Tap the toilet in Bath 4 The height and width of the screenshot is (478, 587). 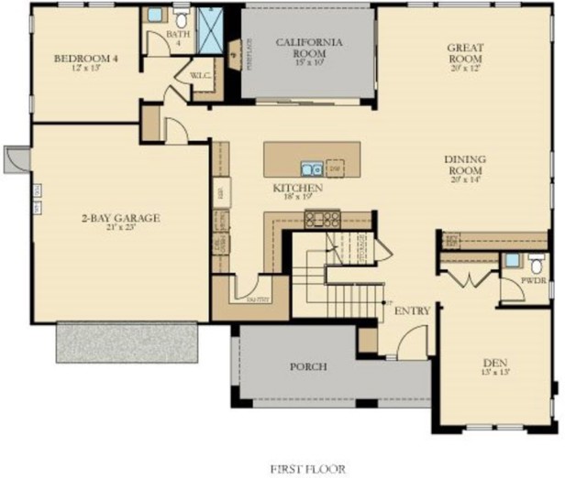click(181, 16)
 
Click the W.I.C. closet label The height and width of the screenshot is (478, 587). click(201, 75)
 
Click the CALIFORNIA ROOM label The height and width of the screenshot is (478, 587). click(311, 48)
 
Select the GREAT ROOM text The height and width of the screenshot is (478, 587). click(465, 53)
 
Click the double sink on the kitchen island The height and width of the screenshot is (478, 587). click(312, 168)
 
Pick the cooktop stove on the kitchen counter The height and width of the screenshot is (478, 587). click(323, 218)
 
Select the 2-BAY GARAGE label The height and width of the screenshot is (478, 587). click(119, 218)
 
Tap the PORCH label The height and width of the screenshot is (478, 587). click(308, 366)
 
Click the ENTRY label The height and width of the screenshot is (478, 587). click(412, 311)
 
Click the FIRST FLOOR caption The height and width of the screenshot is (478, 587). click(307, 469)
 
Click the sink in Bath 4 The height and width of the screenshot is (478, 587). click(155, 16)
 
